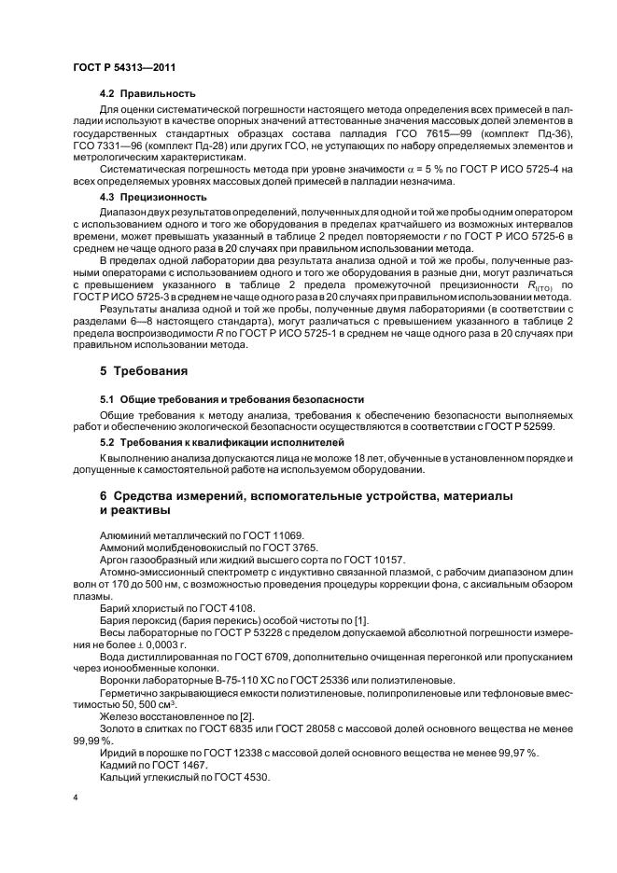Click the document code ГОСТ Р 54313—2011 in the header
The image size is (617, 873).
coord(124,68)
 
